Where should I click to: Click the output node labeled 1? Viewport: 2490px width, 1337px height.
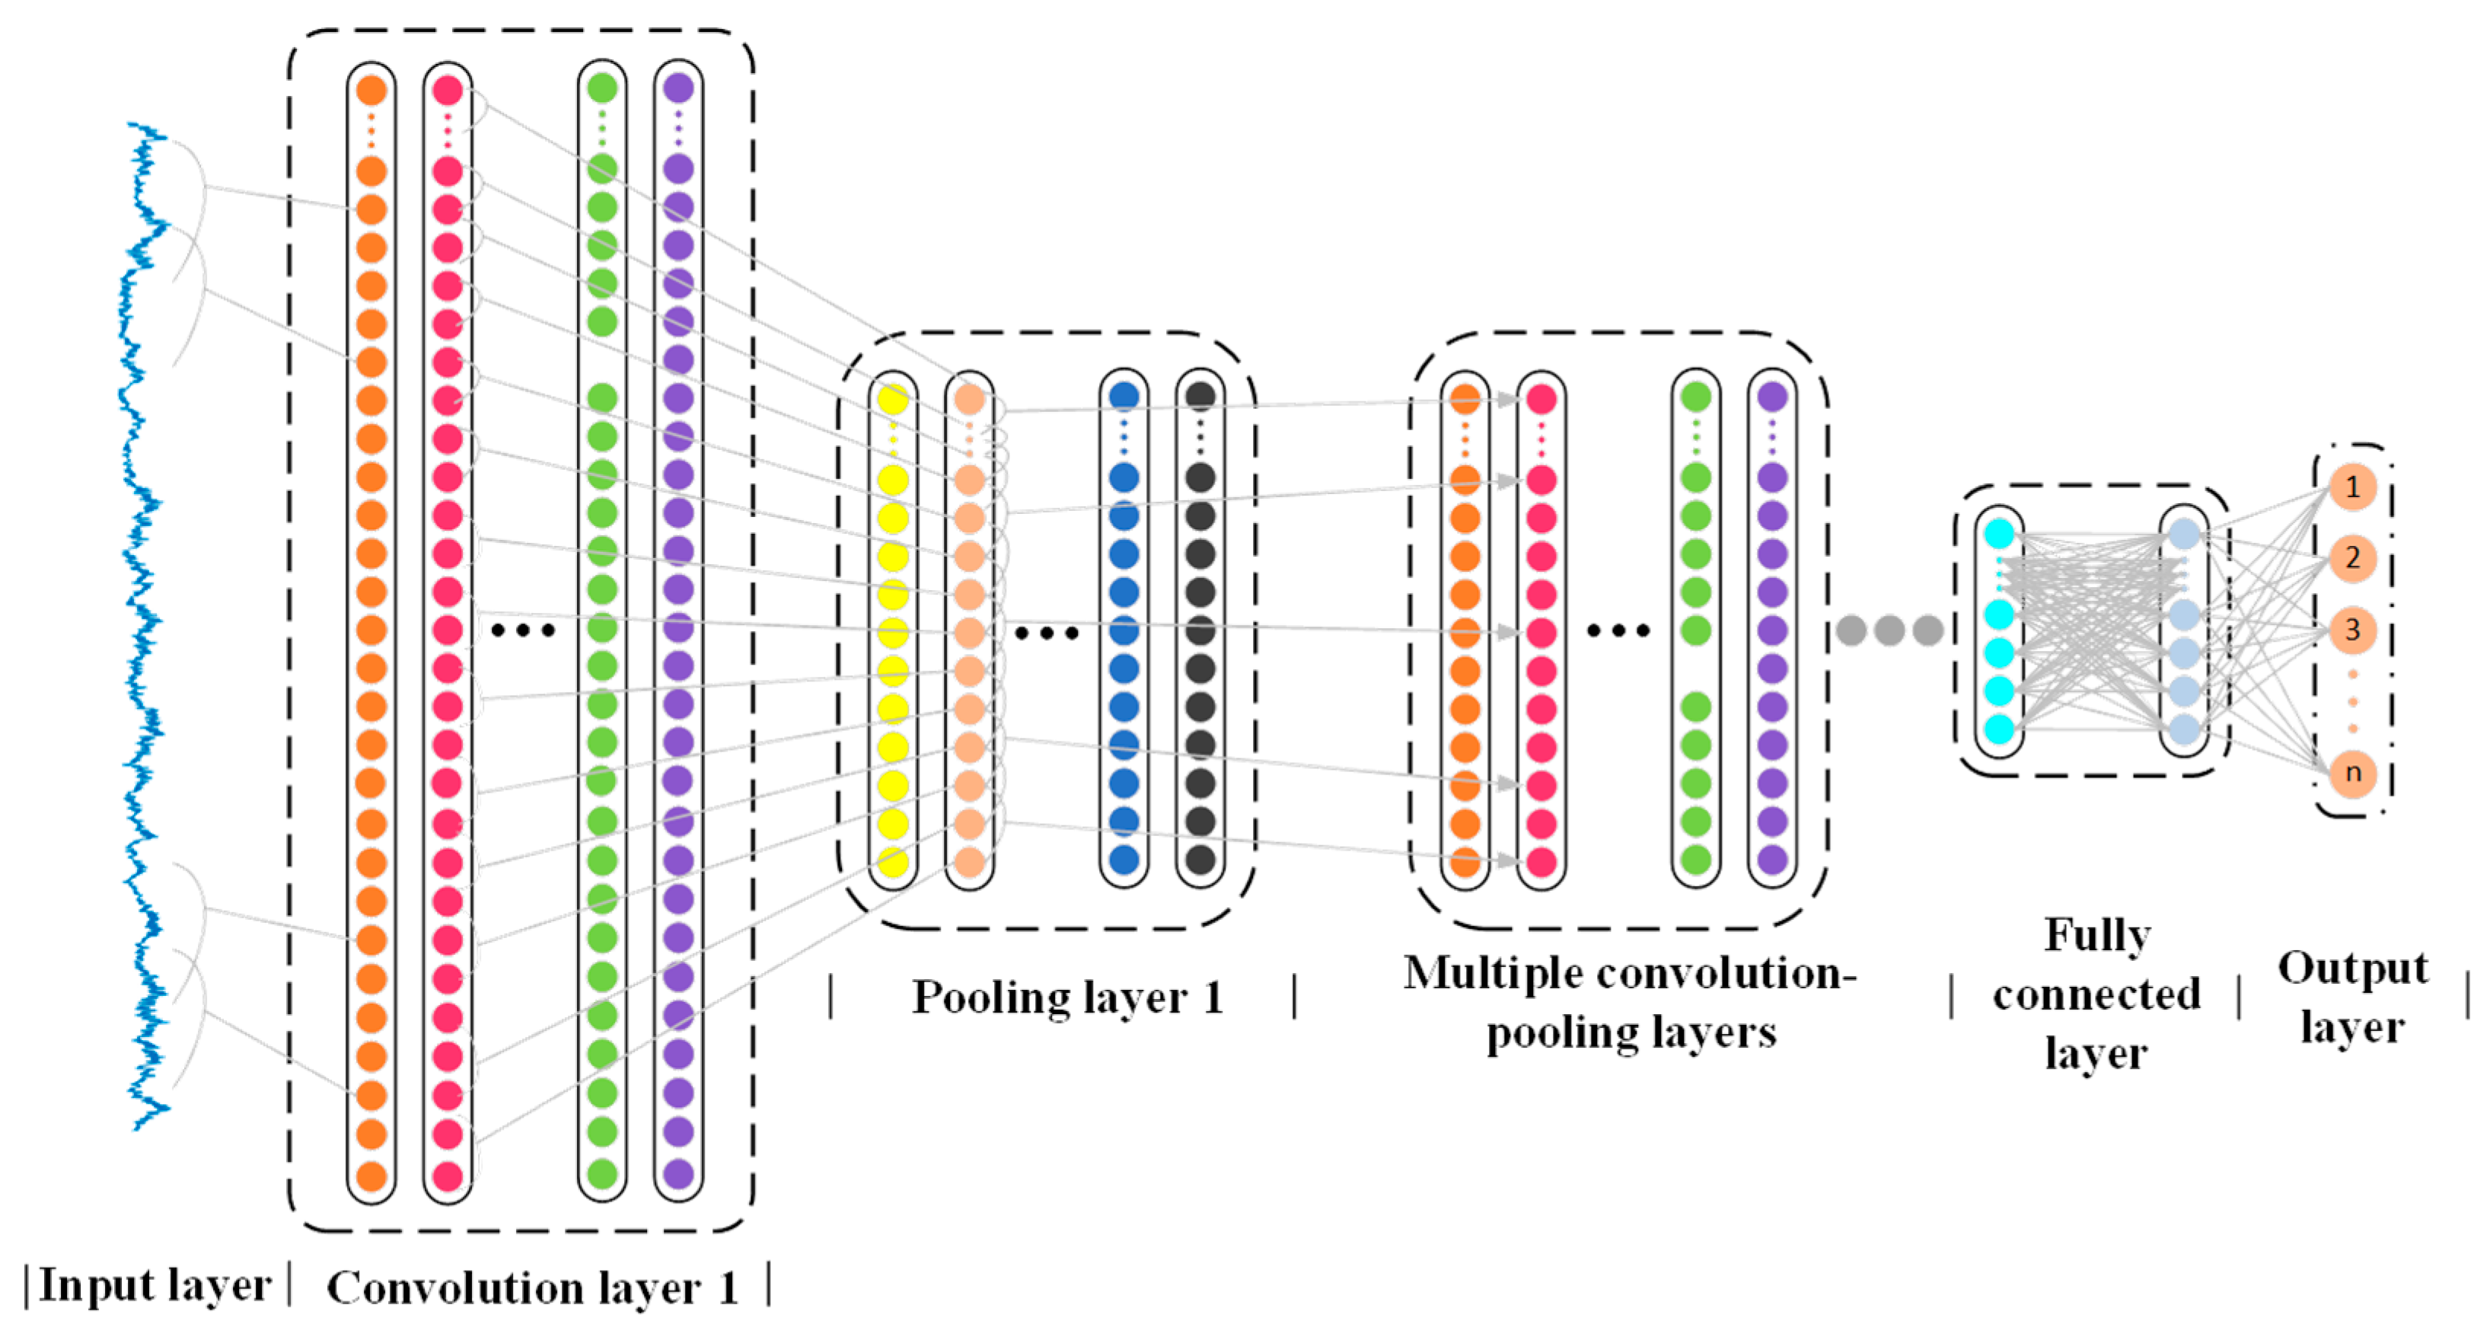2351,487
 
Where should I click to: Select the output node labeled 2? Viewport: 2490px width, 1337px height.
2351,558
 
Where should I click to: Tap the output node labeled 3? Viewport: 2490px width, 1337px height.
2351,630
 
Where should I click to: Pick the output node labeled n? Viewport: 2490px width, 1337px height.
2351,772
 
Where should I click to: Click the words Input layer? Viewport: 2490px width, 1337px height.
155,1286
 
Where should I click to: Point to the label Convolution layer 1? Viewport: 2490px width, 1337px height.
531,1288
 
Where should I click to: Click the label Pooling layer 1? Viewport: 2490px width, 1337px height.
1067,997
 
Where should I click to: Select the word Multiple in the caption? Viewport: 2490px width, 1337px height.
1494,972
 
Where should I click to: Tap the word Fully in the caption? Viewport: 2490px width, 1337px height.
2096,935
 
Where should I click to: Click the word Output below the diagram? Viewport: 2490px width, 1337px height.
2351,968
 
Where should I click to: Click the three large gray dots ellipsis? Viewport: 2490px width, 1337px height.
1889,630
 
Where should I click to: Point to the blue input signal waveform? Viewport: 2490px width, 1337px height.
145,628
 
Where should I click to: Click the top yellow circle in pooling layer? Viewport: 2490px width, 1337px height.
892,398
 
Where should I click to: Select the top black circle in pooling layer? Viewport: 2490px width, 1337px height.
1200,395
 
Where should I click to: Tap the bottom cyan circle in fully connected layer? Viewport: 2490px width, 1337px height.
1999,728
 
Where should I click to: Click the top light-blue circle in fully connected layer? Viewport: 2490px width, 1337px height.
2183,534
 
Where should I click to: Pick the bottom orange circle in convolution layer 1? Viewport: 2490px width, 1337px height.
371,1176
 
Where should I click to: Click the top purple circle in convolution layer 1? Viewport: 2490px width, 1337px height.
678,89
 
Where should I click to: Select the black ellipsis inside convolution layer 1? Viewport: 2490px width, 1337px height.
523,630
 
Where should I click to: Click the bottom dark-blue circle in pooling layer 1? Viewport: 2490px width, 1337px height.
1124,860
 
